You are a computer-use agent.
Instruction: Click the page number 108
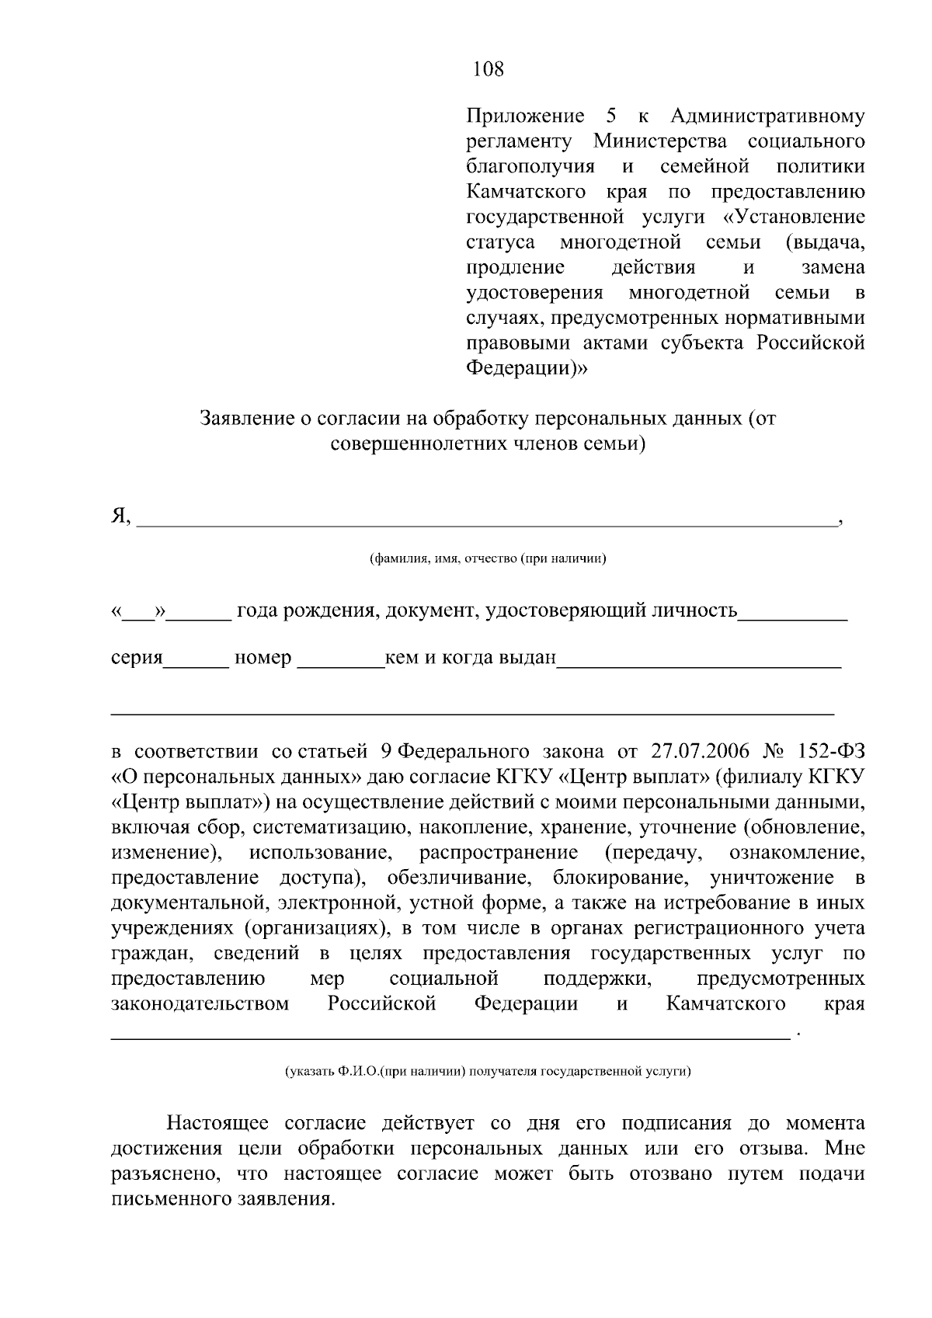coord(489,70)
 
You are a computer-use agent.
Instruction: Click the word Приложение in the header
coord(525,116)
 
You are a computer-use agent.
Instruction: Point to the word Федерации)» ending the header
coord(527,367)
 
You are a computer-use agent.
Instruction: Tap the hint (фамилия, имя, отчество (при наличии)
coord(488,558)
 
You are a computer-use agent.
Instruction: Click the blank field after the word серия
coord(196,660)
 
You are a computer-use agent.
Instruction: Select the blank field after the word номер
coord(341,660)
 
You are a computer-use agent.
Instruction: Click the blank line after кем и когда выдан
coord(699,660)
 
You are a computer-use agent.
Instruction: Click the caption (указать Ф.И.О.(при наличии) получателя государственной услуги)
coord(488,1072)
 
